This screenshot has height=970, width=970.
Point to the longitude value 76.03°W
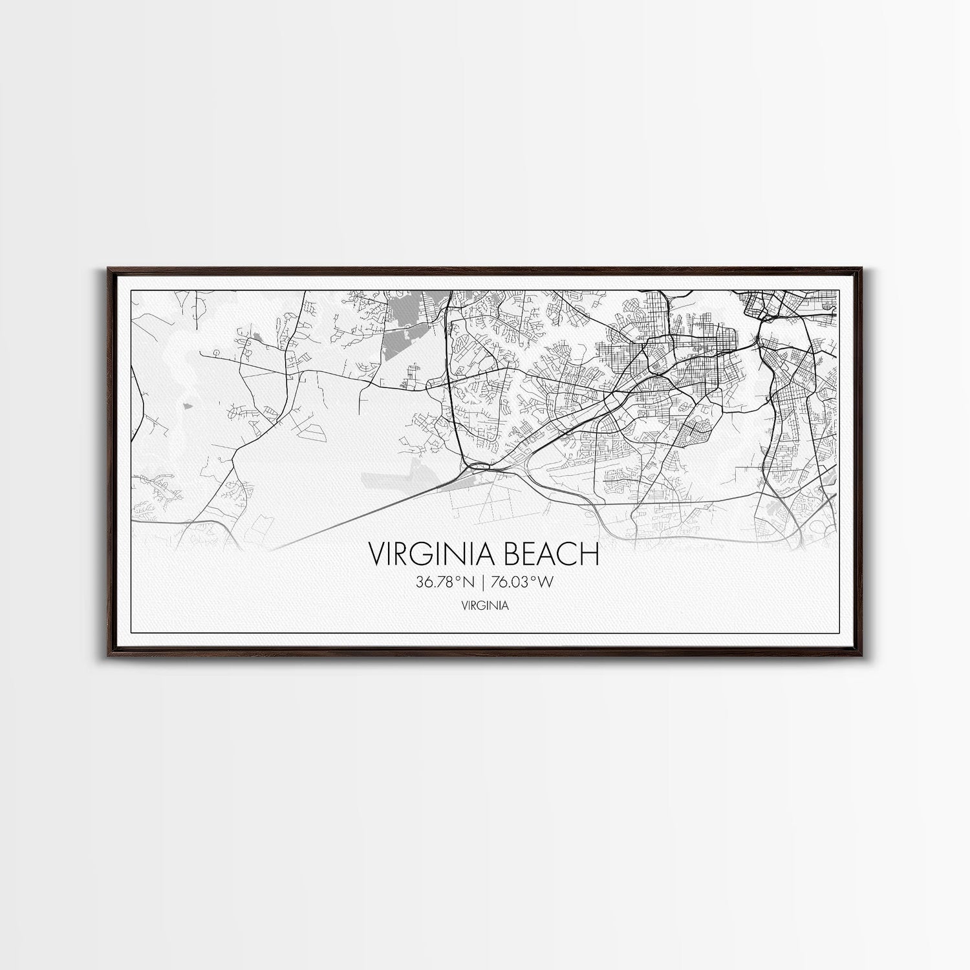point(522,582)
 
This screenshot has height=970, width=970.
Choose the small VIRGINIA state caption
point(484,606)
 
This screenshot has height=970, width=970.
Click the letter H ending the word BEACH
point(590,554)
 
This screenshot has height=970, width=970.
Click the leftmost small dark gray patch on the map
point(188,406)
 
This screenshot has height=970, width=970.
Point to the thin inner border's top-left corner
point(131,291)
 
